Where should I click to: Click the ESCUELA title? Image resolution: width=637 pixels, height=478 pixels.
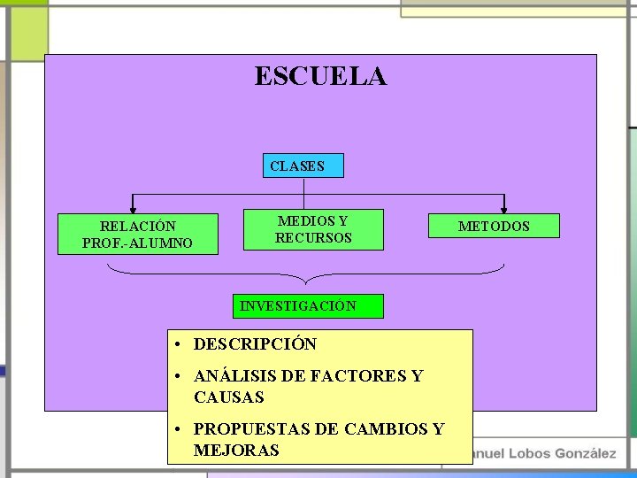click(320, 76)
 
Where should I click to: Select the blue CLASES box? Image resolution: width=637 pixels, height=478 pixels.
click(303, 166)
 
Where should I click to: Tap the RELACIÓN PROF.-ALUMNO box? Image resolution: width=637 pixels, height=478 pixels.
click(137, 235)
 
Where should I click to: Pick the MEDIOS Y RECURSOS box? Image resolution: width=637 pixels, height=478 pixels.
click(313, 229)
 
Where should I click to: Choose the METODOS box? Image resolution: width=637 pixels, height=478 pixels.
click(494, 227)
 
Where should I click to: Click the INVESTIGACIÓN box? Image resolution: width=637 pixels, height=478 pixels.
click(307, 306)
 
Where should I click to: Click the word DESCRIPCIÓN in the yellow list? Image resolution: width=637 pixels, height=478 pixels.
click(255, 344)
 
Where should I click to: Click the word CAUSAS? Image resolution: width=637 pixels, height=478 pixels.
click(229, 397)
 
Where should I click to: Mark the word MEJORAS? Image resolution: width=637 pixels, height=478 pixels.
click(236, 451)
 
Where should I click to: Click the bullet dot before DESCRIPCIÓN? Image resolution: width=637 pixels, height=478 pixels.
click(179, 344)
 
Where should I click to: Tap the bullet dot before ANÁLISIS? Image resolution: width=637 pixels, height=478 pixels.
click(179, 377)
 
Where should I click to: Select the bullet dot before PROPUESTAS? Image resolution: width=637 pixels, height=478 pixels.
click(179, 429)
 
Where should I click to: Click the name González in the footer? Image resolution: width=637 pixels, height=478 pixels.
click(585, 453)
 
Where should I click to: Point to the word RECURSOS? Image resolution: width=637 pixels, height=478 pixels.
click(313, 238)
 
